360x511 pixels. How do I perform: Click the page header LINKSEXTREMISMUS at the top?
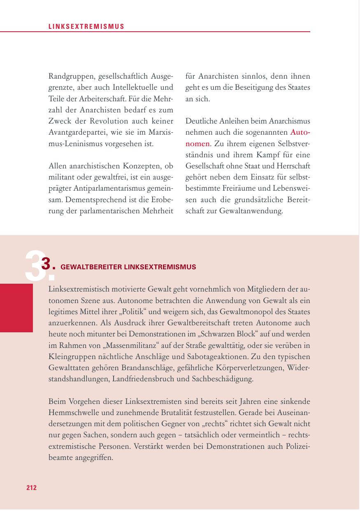coord(86,27)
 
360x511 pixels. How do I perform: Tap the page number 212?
coord(32,488)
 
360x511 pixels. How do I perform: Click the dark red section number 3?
coord(48,264)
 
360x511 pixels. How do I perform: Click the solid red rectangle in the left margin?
coord(16,308)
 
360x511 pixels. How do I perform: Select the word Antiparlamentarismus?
coord(106,189)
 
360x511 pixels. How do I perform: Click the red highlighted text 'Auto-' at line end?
coord(300,133)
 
